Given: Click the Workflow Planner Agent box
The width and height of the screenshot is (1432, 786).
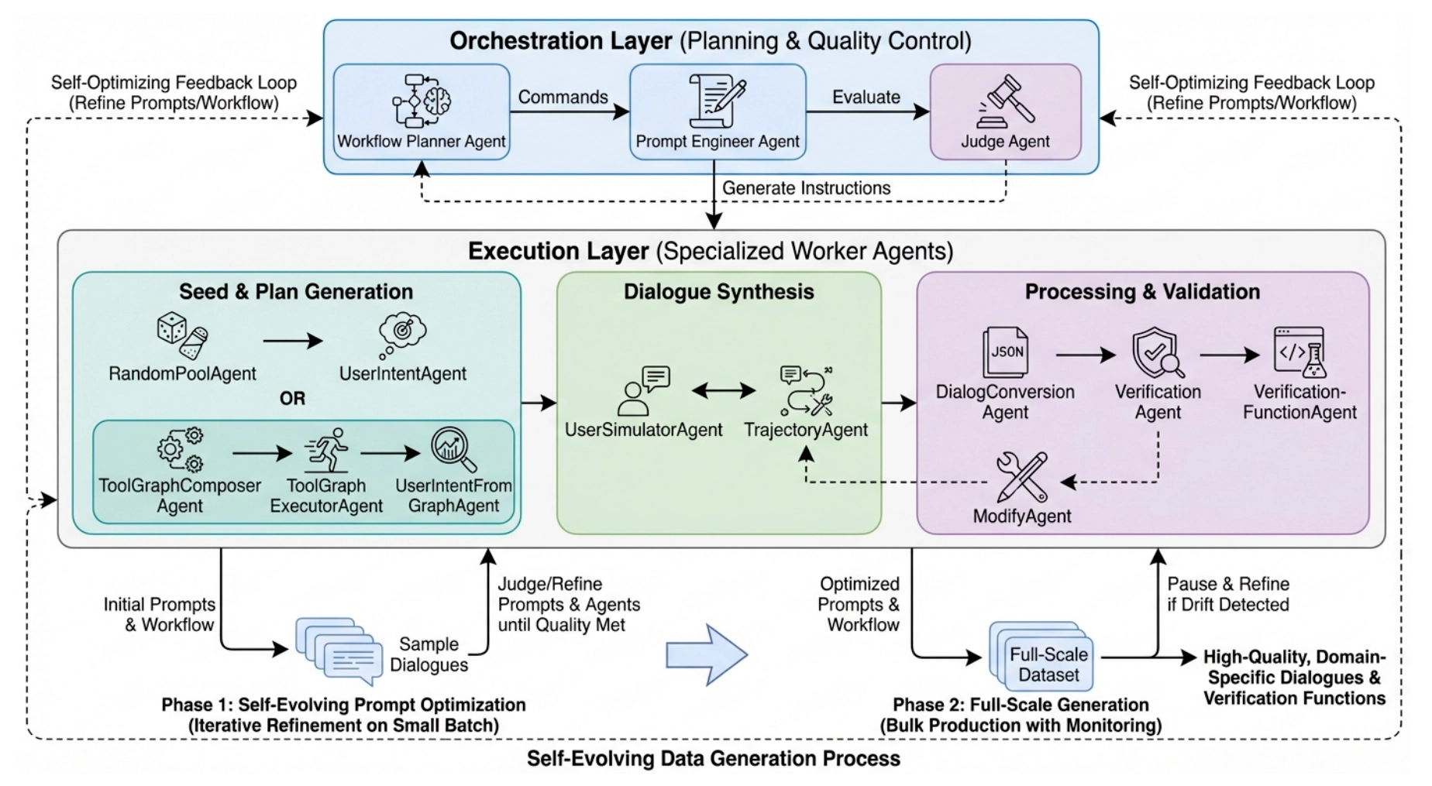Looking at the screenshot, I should (x=421, y=112).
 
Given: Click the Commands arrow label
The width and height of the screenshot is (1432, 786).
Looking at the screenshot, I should (x=563, y=97).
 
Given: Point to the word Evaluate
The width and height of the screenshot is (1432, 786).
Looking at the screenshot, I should (x=866, y=97).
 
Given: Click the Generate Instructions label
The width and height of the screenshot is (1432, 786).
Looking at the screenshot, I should (x=806, y=188).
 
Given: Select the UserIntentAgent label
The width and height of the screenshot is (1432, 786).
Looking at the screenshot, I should (x=402, y=373).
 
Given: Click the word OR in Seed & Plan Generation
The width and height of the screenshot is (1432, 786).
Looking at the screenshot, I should (x=292, y=398).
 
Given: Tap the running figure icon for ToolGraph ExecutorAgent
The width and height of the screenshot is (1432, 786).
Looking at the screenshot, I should (x=326, y=450).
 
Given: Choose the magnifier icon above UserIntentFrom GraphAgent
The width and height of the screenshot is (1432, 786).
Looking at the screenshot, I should (x=453, y=449).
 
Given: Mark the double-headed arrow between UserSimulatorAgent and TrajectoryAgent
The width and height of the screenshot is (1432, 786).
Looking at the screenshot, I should (x=723, y=390).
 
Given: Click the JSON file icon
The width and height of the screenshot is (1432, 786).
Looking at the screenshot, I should (x=1005, y=352).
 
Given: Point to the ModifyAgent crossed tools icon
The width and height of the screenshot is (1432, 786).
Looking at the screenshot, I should (x=1021, y=476).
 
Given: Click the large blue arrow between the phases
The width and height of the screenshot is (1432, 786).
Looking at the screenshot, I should (x=706, y=655).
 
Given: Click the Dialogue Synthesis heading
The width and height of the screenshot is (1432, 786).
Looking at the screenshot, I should (x=718, y=291).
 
